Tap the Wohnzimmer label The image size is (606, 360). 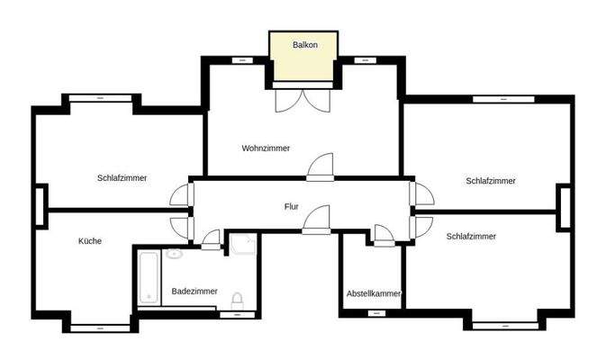[266, 148]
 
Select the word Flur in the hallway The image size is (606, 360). [291, 207]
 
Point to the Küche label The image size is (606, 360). [90, 241]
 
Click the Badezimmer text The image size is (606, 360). [194, 291]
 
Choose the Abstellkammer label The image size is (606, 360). [373, 294]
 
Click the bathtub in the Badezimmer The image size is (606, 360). [149, 277]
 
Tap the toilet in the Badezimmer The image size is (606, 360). [237, 301]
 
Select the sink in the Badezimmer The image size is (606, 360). [175, 255]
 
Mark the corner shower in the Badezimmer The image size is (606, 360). [241, 245]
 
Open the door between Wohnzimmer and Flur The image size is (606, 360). [321, 167]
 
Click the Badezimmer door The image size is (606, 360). [211, 238]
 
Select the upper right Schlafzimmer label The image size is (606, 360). [491, 181]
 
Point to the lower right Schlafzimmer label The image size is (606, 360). [471, 237]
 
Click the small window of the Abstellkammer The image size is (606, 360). [375, 313]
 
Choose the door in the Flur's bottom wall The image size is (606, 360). [316, 221]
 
